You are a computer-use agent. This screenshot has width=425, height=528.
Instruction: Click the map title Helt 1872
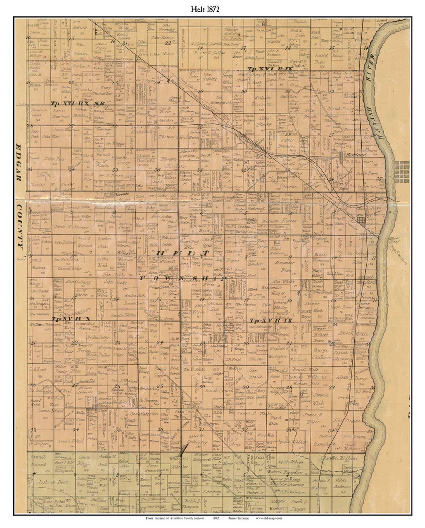click(x=205, y=9)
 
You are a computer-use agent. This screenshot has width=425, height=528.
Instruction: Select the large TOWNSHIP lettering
click(x=182, y=278)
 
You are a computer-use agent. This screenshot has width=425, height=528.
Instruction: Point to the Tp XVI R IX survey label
click(x=270, y=69)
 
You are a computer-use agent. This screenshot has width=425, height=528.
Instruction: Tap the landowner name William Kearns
click(x=279, y=221)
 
